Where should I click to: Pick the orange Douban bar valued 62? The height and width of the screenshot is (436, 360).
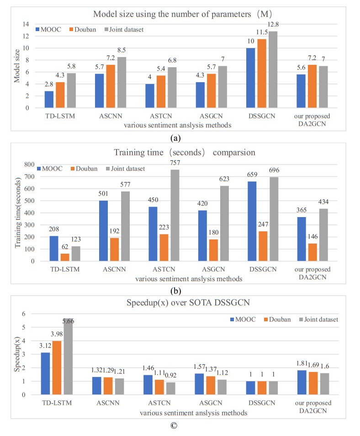(66, 257)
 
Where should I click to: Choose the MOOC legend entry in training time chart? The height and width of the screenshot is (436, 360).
(53, 169)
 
